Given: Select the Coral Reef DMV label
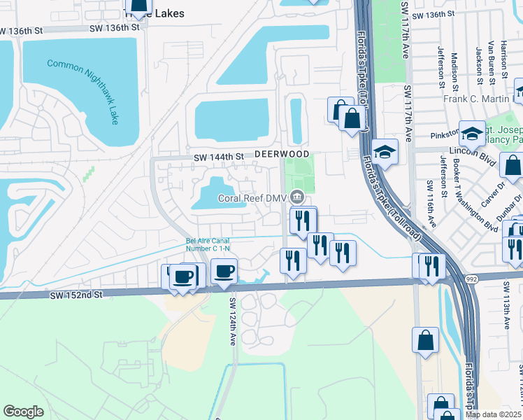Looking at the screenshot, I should coord(252,197).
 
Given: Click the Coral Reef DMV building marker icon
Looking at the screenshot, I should coord(298,196).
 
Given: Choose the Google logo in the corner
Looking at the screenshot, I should coord(23,412).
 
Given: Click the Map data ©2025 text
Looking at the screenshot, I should coord(494,414).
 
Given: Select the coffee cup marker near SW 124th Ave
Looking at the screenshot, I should coord(224,272).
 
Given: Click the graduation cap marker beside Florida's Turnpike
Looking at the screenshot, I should coord(385,150).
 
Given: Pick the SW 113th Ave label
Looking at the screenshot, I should coord(517,314).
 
